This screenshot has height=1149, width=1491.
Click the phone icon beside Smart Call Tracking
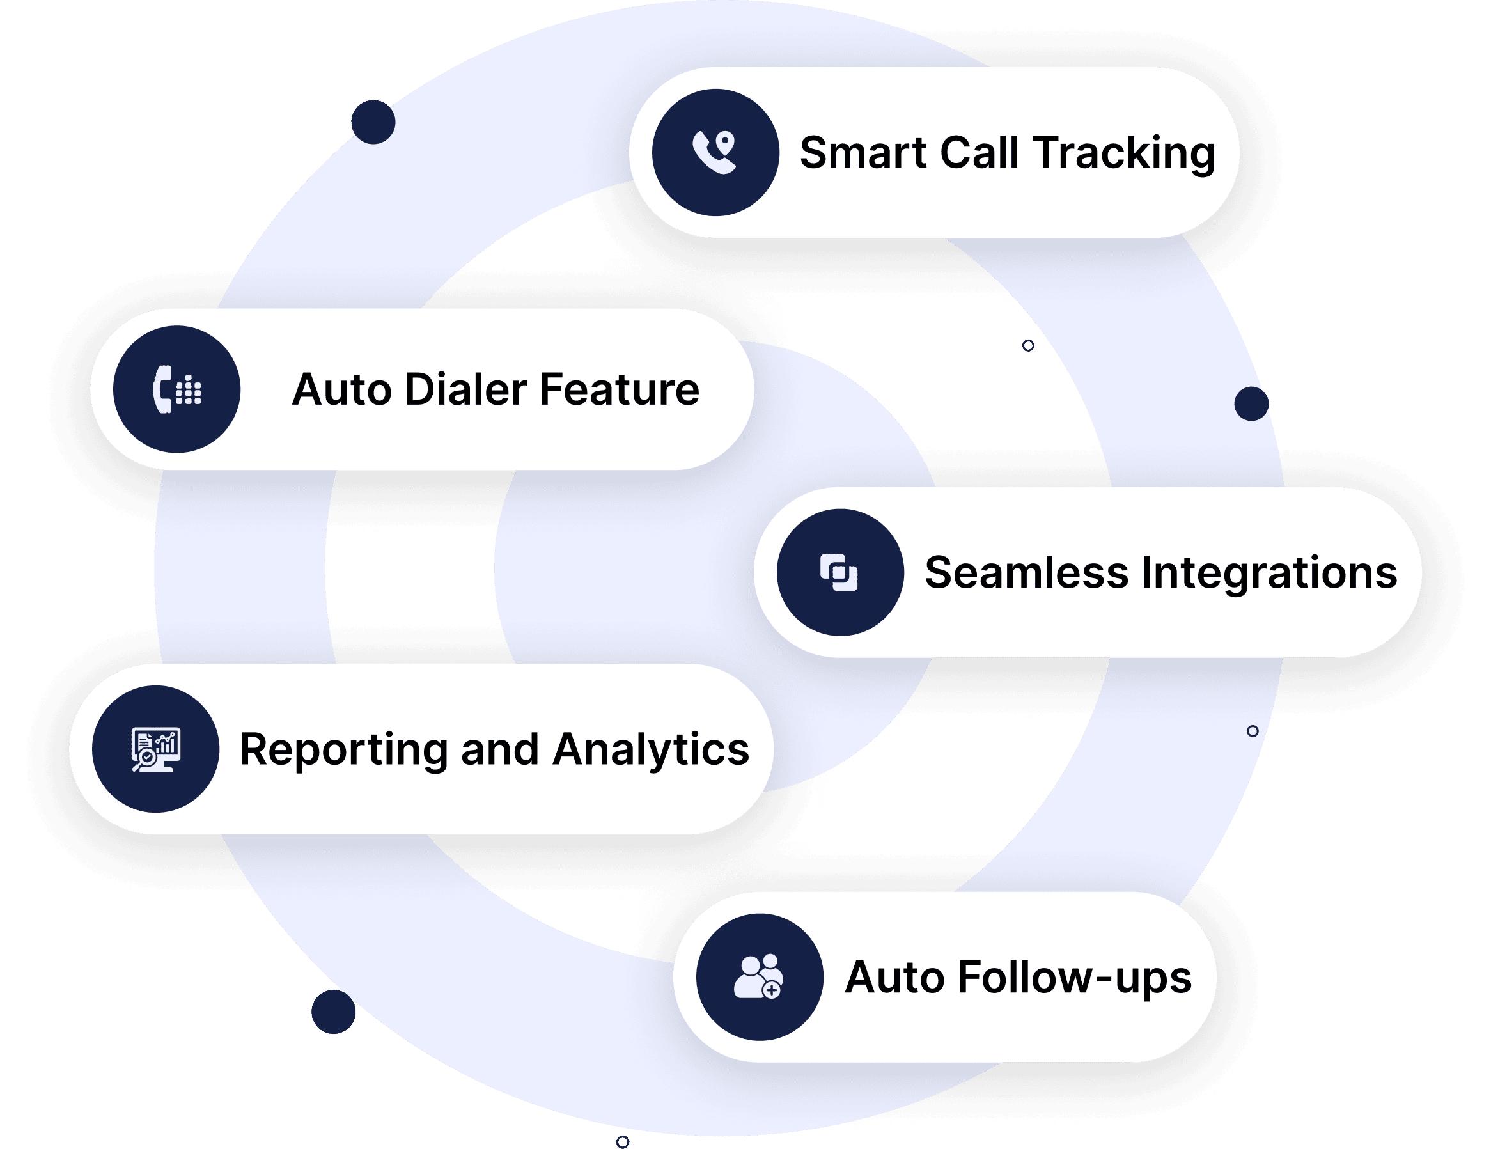(x=715, y=152)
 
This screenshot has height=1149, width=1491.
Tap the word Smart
(x=863, y=152)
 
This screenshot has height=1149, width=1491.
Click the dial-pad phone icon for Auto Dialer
(x=177, y=389)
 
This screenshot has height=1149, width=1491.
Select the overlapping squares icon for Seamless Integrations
(x=839, y=572)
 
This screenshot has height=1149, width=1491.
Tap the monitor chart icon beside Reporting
(x=155, y=749)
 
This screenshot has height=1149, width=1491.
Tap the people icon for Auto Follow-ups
(x=758, y=976)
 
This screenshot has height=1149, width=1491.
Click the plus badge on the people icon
(x=772, y=990)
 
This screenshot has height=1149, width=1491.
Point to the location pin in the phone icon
(x=725, y=142)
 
